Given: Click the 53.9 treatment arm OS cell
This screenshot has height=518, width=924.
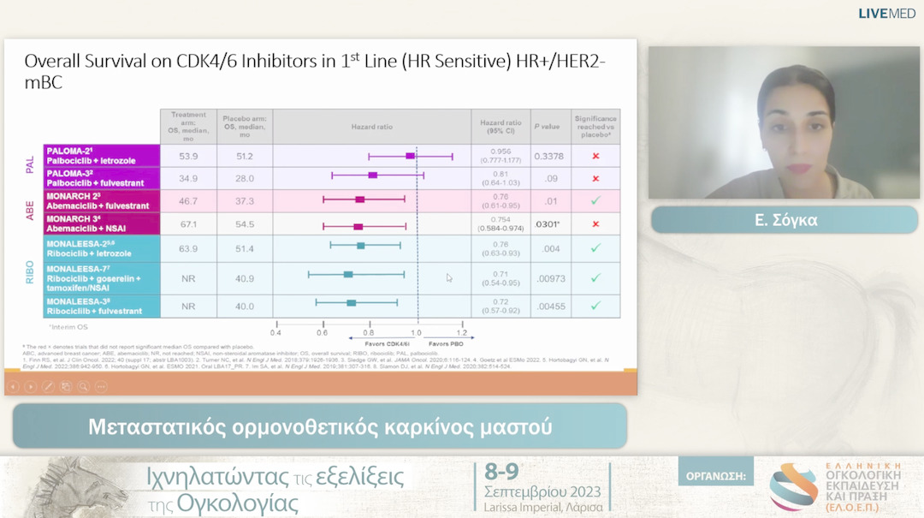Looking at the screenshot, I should tap(188, 157).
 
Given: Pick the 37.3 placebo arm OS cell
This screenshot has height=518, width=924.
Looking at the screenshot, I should tap(244, 201).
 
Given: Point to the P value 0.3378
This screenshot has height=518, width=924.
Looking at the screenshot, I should tap(548, 157).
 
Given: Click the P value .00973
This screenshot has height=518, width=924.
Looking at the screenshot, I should tap(548, 278).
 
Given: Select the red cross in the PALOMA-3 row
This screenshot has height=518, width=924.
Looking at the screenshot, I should tap(595, 179).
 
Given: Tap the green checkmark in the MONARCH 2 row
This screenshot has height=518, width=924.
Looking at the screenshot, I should tap(595, 201).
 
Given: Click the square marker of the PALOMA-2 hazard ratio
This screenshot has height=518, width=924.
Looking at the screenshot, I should tap(411, 156).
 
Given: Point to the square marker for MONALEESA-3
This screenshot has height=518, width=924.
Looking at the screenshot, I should tap(351, 302).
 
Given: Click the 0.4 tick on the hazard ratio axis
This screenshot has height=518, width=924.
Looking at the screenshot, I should tap(276, 332).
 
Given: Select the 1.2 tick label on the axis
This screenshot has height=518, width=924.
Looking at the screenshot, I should tap(461, 332).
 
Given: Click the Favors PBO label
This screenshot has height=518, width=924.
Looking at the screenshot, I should tap(441, 343).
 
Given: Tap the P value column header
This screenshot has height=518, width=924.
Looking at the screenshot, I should tap(547, 126).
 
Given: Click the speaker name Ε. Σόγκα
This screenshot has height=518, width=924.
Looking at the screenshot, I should tap(785, 220).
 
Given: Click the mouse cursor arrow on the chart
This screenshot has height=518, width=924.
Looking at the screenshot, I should tap(449, 277).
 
